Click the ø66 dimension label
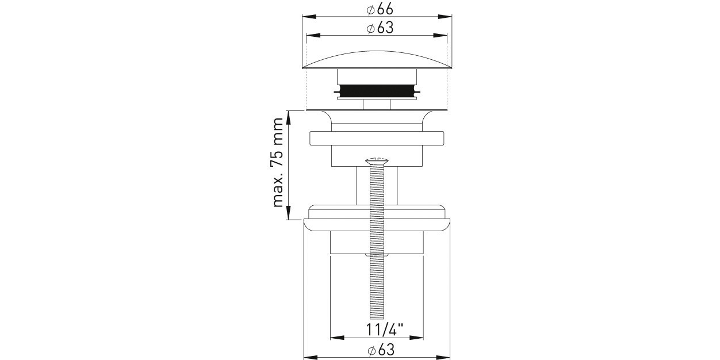(x=380, y=9)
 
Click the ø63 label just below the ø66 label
(x=380, y=28)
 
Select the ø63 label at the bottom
(x=381, y=350)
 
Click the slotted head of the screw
(x=377, y=160)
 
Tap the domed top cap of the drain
(x=377, y=60)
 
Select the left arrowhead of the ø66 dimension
(x=309, y=17)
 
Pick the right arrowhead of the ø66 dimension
(x=445, y=17)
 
